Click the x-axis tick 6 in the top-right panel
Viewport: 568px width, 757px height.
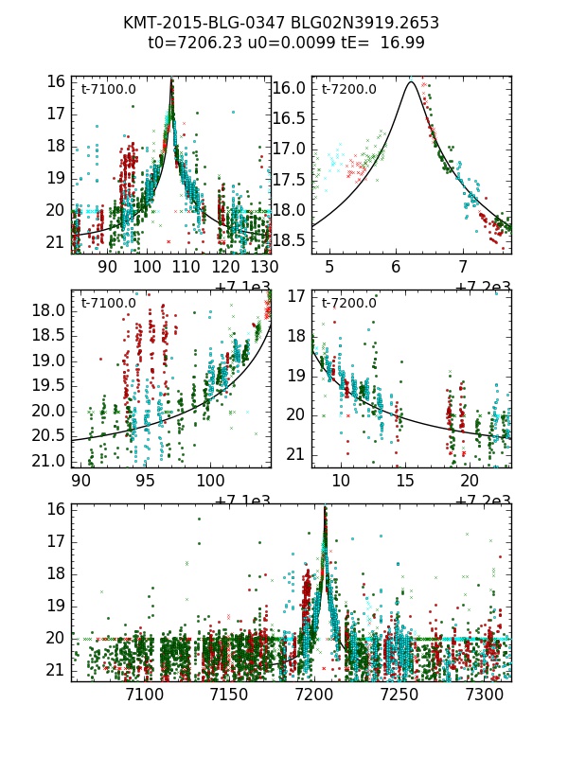click(x=397, y=268)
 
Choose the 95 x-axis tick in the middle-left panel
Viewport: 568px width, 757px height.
click(x=146, y=482)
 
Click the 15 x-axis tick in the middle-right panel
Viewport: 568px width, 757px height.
click(x=405, y=482)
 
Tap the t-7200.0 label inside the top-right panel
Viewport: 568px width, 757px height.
click(x=348, y=90)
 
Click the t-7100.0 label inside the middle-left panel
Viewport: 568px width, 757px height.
click(x=108, y=303)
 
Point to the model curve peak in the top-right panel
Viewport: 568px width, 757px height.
click(x=411, y=81)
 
